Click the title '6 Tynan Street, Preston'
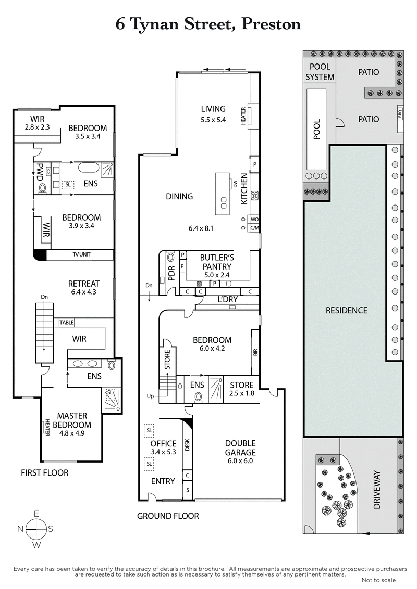click(x=208, y=24)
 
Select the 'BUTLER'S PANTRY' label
click(x=218, y=262)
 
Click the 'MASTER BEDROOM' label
click(x=72, y=420)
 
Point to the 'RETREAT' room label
click(x=83, y=284)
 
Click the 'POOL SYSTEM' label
click(x=320, y=72)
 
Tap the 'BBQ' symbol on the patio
click(x=400, y=113)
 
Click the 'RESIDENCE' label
click(x=347, y=310)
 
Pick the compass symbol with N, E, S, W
click(x=36, y=529)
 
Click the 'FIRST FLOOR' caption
click(x=44, y=473)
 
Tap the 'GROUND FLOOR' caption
click(x=168, y=516)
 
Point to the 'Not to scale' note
click(x=378, y=580)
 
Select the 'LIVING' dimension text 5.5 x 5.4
click(x=213, y=119)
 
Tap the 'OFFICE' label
click(x=163, y=443)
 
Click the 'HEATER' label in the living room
click(x=243, y=117)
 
